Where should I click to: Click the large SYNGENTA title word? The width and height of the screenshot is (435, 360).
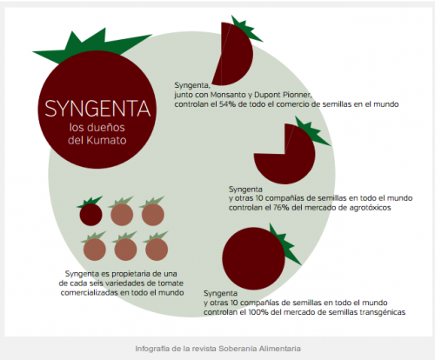pos(97,109)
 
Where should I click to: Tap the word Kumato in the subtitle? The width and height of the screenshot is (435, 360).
pos(106,140)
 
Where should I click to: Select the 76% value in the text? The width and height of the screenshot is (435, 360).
pos(281,208)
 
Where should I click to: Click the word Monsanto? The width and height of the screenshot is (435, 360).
pos(228,95)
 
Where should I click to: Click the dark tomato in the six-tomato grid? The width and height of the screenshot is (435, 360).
pos(90,215)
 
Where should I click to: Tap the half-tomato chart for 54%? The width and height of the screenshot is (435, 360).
pos(232,54)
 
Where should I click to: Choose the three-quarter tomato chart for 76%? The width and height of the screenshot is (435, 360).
pos(284,154)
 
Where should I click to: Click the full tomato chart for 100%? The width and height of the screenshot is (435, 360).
pos(254,258)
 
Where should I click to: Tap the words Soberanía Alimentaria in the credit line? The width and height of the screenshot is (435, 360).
pos(259,349)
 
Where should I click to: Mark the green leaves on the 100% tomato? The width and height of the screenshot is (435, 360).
pos(285,245)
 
